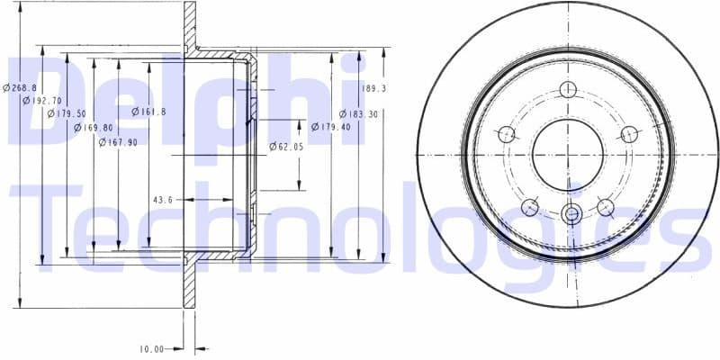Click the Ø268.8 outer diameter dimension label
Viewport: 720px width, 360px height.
19,87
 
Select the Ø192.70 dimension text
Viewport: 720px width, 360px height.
42,101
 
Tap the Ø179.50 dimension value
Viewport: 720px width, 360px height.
67,114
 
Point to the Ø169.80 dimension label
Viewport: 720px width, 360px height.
93,128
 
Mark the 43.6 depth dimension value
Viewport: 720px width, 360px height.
163,199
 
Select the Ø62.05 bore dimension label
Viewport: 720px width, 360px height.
285,146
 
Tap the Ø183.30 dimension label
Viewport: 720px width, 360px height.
358,114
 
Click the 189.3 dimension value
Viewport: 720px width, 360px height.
373,88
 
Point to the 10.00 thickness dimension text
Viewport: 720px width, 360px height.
150,348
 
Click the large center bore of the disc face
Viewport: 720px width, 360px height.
568,153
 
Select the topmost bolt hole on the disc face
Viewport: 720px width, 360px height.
567,89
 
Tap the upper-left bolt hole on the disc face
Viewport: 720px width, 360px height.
506,134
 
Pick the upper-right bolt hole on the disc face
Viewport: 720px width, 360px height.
629,134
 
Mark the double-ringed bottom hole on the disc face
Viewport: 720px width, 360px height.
568,214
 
